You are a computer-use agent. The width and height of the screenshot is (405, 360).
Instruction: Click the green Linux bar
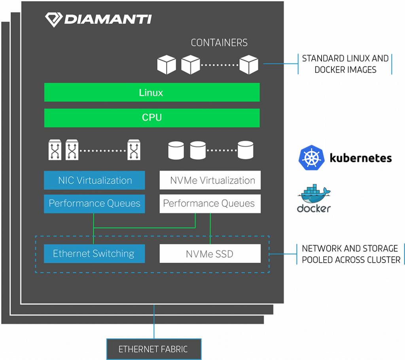tap(152, 92)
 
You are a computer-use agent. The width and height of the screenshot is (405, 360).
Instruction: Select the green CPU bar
tap(152, 118)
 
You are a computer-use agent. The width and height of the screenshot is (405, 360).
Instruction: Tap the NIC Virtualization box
tap(94, 180)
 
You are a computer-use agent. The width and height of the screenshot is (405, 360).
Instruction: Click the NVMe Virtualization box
tap(210, 180)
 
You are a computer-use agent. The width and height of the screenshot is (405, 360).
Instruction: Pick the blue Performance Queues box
tap(94, 204)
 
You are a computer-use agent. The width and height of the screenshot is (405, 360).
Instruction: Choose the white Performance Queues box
tap(210, 204)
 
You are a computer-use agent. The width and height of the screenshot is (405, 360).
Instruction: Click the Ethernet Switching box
tap(94, 254)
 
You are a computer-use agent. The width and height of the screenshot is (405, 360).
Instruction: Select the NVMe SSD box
tap(210, 254)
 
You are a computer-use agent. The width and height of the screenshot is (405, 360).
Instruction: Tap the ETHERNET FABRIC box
tap(154, 349)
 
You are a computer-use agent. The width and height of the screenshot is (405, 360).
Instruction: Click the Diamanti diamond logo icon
tap(54, 20)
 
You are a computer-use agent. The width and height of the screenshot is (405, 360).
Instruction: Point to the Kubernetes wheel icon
tap(312, 157)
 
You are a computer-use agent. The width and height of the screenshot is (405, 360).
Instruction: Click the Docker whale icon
tap(314, 193)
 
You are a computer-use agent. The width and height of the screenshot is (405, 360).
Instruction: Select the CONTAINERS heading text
tap(219, 43)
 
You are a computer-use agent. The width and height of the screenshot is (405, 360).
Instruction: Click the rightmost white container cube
tap(249, 64)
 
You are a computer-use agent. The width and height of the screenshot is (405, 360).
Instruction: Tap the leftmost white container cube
tap(167, 64)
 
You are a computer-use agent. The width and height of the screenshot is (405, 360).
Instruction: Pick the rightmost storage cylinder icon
tap(245, 150)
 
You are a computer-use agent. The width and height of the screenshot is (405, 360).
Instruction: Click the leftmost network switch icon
tap(55, 150)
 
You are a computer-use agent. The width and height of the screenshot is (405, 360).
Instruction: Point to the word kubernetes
tap(361, 158)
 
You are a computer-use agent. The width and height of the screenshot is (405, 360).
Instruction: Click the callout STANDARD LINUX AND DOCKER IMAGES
tap(345, 64)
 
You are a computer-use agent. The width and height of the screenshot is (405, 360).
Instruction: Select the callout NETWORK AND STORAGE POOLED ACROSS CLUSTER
tap(351, 254)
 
